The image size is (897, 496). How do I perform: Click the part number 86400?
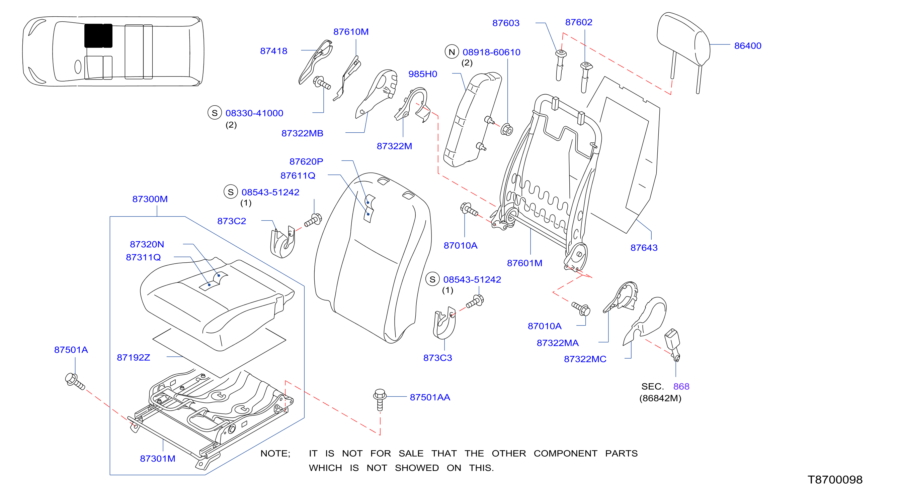(747, 45)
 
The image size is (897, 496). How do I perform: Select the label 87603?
(506, 23)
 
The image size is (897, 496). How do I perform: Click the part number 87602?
(578, 22)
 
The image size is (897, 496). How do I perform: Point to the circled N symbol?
(452, 52)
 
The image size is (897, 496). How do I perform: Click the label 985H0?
(422, 74)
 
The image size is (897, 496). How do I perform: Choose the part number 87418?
(274, 51)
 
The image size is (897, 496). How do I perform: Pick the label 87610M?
(351, 32)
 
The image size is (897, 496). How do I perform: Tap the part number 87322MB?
(302, 133)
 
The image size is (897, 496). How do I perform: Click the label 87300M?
(150, 199)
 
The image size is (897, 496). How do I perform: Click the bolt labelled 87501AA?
(380, 399)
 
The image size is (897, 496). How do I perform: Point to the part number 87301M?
(157, 459)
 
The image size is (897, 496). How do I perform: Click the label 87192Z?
(133, 358)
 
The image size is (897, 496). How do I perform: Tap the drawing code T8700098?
(835, 480)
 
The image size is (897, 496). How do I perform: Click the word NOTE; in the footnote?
(275, 453)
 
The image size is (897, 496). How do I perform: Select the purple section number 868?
(681, 386)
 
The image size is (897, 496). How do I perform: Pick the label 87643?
(644, 248)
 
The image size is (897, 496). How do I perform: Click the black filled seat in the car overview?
(98, 35)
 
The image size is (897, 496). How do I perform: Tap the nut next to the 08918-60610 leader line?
(507, 130)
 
